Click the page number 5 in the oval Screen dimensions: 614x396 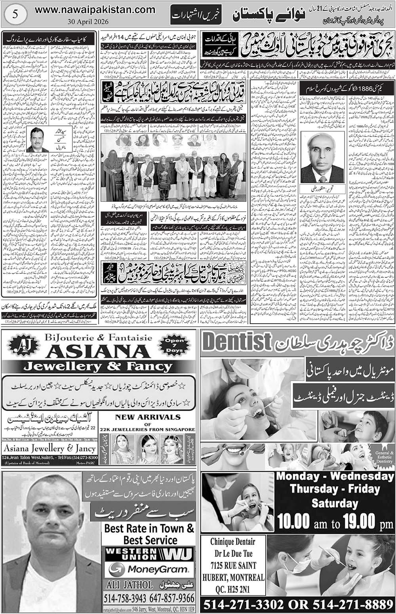15,13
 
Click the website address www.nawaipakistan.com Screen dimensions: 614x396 95,9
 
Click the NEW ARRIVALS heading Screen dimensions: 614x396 148,417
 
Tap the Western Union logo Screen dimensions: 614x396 148,553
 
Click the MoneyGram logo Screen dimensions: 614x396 148,570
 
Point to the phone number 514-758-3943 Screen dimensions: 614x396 125,597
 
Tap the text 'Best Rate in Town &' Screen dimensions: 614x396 149,528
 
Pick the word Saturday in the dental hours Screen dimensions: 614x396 335,503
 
